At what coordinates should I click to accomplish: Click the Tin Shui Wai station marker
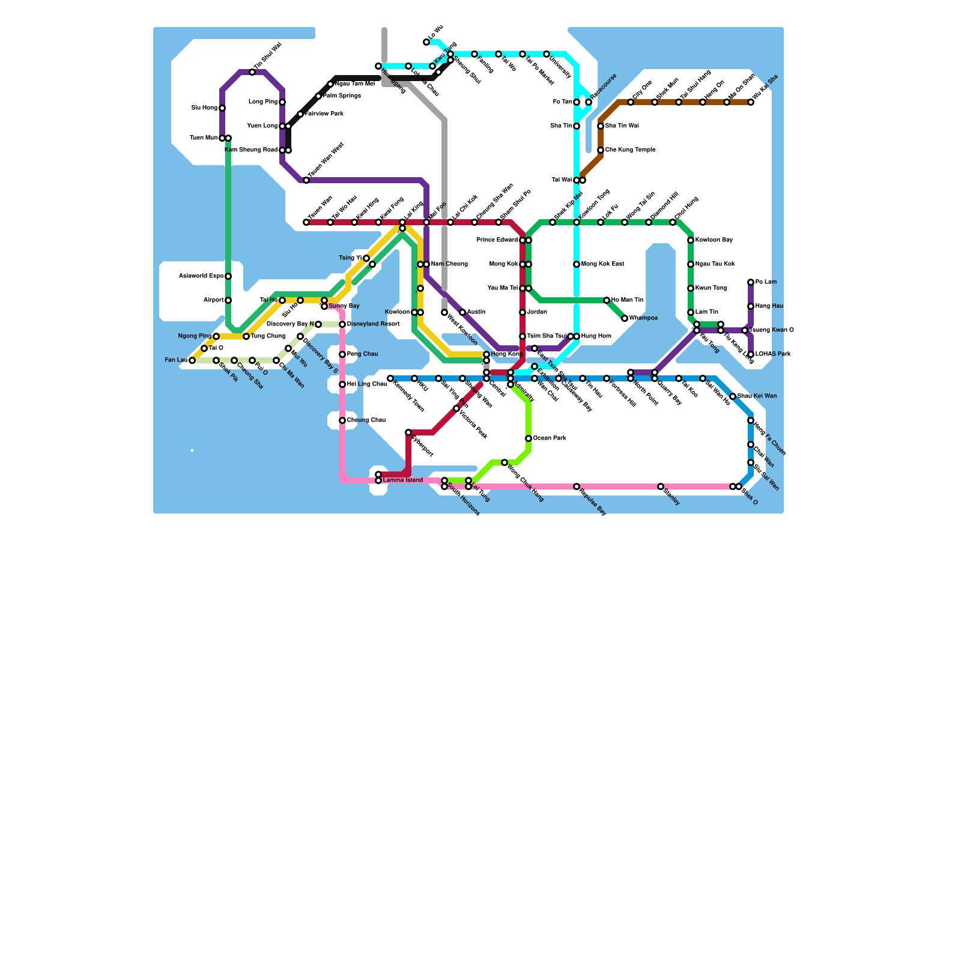pos(252,72)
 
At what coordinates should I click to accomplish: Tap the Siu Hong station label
pos(204,108)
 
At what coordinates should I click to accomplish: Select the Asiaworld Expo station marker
pos(228,276)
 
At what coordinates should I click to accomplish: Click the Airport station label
pos(213,300)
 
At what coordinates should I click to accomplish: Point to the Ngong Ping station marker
pos(216,336)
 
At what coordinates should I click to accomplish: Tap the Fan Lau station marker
pos(192,360)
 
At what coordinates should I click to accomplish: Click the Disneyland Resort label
pos(373,324)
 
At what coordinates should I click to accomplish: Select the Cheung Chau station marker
pos(342,420)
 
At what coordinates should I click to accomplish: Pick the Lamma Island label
pos(404,480)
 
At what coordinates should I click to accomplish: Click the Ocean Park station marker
pos(529,438)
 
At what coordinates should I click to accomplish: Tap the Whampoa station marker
pos(625,318)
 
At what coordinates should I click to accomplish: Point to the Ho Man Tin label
pos(627,300)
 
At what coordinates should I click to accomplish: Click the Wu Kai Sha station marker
pos(751,102)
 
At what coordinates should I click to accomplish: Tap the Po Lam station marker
pos(751,282)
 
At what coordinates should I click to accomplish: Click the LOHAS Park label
pos(773,354)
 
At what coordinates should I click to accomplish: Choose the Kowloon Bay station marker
pos(691,240)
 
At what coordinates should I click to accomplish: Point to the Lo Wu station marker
pos(426,42)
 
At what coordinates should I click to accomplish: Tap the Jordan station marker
pos(523,312)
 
